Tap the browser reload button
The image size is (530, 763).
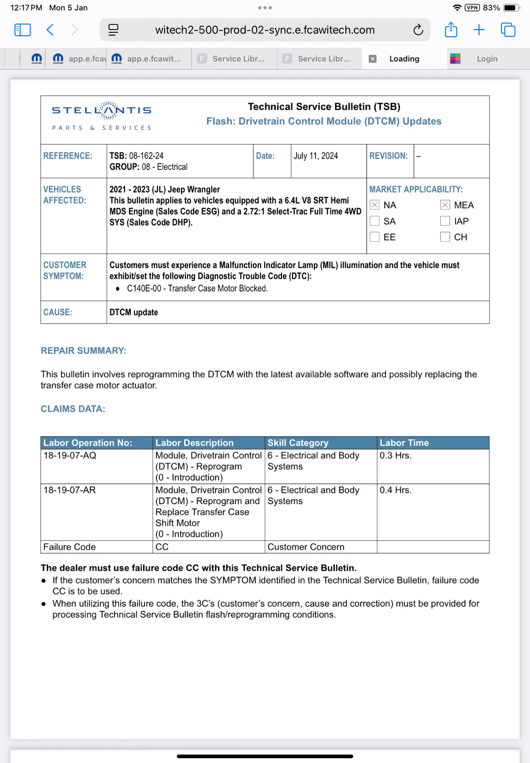pyautogui.click(x=418, y=30)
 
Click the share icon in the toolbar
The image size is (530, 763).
pyautogui.click(x=451, y=30)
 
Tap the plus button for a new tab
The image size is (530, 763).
pyautogui.click(x=479, y=30)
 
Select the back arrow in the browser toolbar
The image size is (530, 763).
pyautogui.click(x=50, y=30)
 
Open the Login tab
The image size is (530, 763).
pyautogui.click(x=487, y=59)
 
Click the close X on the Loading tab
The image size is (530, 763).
pyautogui.click(x=373, y=59)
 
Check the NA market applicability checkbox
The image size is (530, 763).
pyautogui.click(x=375, y=205)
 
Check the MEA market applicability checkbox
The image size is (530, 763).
pyautogui.click(x=445, y=205)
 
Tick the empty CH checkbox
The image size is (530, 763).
pyautogui.click(x=445, y=237)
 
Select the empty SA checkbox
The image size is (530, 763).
pyautogui.click(x=375, y=221)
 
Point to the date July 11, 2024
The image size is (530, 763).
pyautogui.click(x=316, y=156)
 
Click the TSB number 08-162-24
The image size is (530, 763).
pyautogui.click(x=146, y=156)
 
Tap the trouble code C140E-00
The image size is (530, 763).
pyautogui.click(x=144, y=289)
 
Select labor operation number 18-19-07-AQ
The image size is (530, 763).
pyautogui.click(x=70, y=455)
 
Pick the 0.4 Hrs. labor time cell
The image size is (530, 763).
pyautogui.click(x=395, y=490)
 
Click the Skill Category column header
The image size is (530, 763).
pyautogui.click(x=298, y=443)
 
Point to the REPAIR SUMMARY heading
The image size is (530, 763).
pyautogui.click(x=83, y=351)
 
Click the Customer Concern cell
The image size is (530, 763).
pyautogui.click(x=306, y=547)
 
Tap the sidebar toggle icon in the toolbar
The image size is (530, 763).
pyautogui.click(x=23, y=30)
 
